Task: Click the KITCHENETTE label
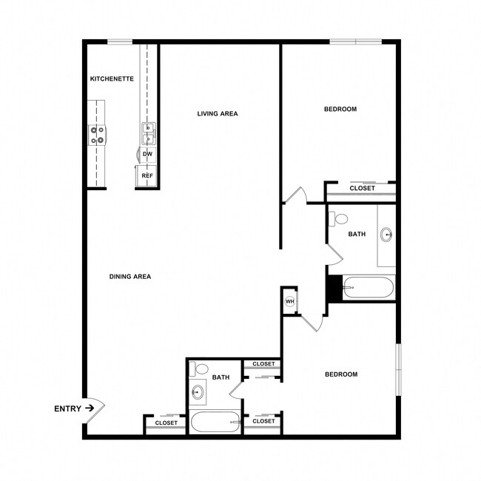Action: click(112, 78)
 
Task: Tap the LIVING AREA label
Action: click(217, 114)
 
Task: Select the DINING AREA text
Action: click(130, 277)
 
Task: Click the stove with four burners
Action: click(97, 135)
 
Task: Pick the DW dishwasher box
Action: click(147, 155)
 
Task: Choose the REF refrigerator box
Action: click(147, 176)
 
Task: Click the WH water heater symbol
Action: click(290, 301)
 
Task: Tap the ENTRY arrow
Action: click(90, 408)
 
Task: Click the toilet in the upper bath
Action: click(340, 218)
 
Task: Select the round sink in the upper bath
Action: click(387, 235)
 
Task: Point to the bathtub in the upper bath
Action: click(369, 287)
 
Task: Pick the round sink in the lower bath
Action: click(198, 392)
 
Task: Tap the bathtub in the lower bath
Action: click(215, 423)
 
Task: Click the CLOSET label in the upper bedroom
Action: click(362, 189)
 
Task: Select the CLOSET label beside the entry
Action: click(166, 423)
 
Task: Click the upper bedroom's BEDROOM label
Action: click(340, 110)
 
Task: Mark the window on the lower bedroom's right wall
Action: click(397, 369)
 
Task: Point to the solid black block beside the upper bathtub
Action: click(334, 287)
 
